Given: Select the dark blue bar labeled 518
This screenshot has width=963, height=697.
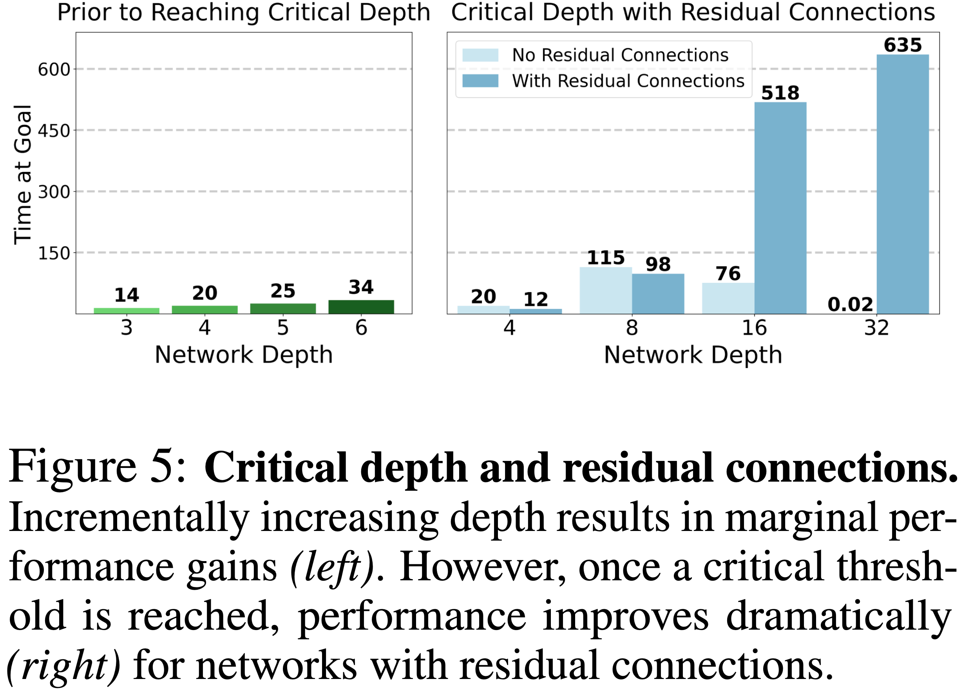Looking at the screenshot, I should point(780,208).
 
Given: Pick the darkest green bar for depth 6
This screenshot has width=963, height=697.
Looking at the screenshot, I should point(361,307).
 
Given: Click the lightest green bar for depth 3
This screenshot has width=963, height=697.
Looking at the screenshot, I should point(127,311).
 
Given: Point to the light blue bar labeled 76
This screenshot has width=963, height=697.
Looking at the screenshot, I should point(728,298).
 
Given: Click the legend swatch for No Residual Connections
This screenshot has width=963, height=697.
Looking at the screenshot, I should point(480,55).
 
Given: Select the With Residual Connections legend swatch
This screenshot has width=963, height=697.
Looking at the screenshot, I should point(480,81).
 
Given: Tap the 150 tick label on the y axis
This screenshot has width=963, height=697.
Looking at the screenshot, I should point(54,253).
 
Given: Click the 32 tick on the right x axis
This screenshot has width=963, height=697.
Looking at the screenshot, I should point(876,328).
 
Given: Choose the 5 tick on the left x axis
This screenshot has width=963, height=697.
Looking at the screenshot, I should point(283,328).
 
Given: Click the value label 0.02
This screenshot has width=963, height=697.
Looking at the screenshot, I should point(850,304).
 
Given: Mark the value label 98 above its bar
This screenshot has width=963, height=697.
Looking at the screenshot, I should point(658,264).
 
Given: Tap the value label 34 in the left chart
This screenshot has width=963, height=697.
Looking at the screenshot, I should point(361,287).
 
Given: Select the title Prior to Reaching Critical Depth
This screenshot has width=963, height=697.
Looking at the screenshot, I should point(244,13).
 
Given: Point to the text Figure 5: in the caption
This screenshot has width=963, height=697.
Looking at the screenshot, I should point(97,467).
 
